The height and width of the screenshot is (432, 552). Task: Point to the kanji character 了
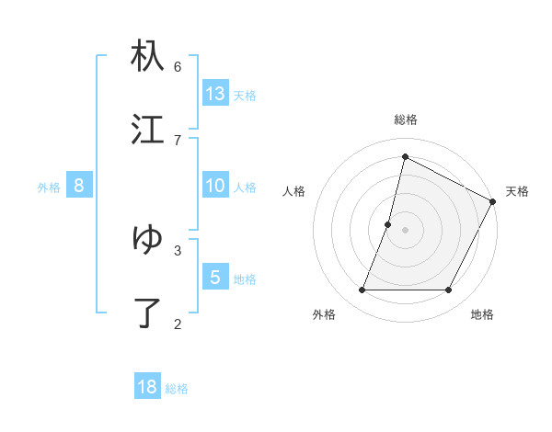coord(147,313)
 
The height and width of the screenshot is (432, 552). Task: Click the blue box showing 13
coord(215,94)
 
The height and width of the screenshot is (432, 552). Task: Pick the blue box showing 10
coord(215,186)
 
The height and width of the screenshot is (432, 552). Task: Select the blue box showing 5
coord(215,278)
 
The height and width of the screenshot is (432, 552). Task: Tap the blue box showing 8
coord(79,186)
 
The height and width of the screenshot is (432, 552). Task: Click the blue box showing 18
coord(147,387)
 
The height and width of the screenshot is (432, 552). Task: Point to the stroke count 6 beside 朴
coord(178,66)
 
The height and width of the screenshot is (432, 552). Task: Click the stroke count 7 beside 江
coord(178,140)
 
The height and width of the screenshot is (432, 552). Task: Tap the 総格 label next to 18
coord(177,389)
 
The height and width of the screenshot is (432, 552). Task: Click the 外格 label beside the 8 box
coord(49,188)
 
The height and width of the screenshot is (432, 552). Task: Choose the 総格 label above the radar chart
coord(406,119)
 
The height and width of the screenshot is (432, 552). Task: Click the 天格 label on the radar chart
coord(517,191)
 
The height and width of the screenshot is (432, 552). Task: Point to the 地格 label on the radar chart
coord(482,314)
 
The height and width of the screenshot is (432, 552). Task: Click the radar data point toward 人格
coord(388,224)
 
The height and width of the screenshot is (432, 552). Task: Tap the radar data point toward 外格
coord(362,290)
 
